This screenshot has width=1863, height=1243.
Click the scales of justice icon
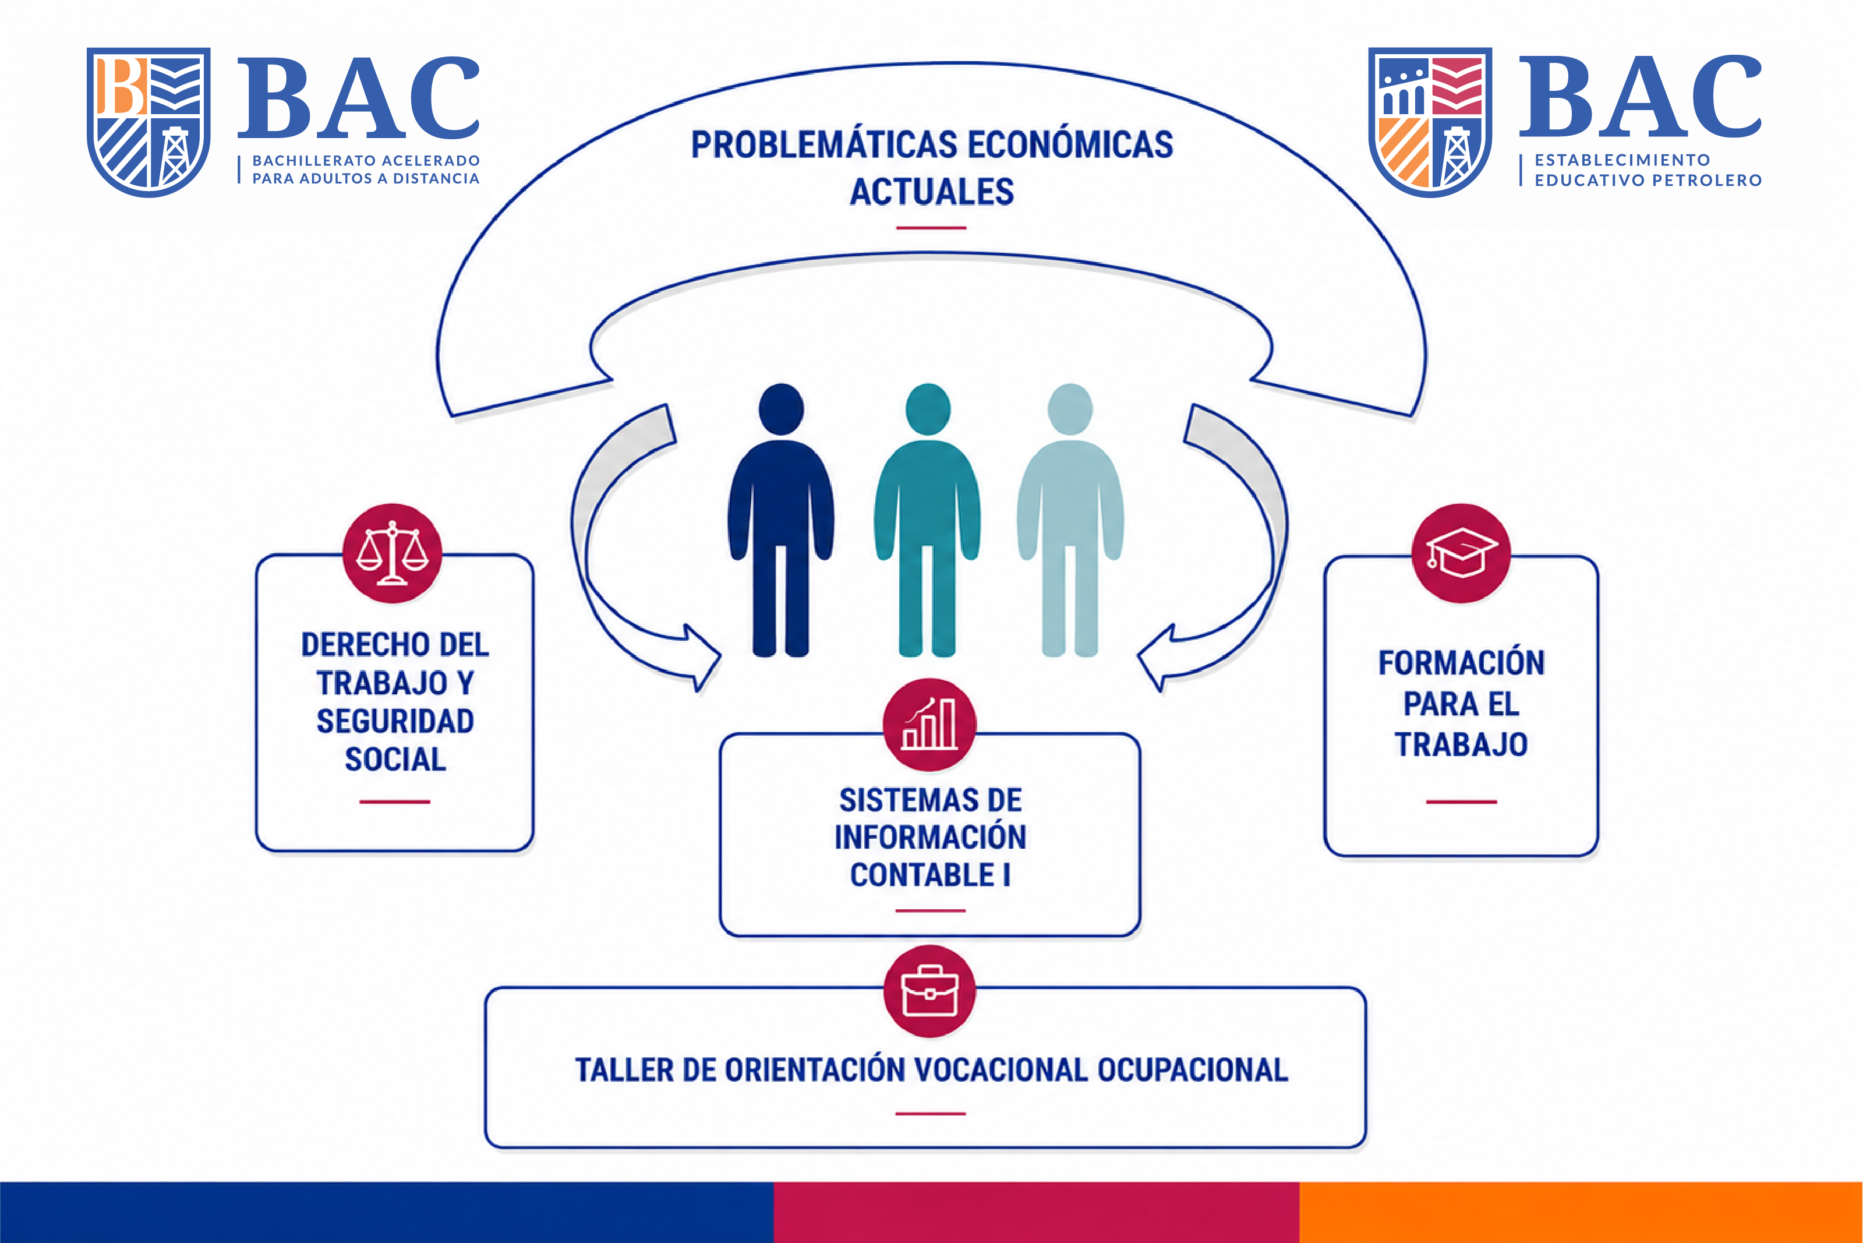[x=393, y=553]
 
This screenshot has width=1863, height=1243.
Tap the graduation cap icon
[x=1461, y=553]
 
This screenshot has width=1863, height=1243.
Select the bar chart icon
[x=929, y=725]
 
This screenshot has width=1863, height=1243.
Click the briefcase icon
[x=929, y=991]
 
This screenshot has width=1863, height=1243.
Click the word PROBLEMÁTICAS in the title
[x=824, y=145]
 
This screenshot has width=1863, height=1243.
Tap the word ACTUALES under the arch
[x=932, y=192]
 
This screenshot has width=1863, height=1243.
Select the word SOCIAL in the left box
[x=395, y=760]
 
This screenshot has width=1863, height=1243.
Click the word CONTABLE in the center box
[x=921, y=875]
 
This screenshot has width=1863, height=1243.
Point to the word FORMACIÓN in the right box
[x=1461, y=663]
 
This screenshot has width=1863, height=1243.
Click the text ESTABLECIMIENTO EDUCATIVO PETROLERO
[x=1648, y=169]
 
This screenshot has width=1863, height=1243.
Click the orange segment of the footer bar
[x=1581, y=1212]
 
